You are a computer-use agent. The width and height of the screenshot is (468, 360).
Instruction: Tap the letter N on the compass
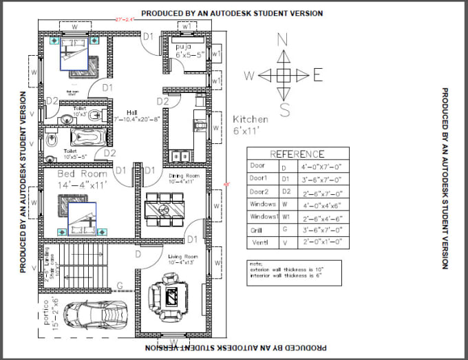[x=282, y=40]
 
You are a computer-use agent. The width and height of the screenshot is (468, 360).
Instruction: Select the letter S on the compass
[x=284, y=110]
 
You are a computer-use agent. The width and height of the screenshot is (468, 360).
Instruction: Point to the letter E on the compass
[x=318, y=74]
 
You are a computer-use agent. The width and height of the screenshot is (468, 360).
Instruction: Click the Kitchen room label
[x=250, y=124]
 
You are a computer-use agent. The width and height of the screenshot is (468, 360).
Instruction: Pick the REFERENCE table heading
[x=297, y=154]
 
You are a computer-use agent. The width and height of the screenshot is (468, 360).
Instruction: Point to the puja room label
[x=187, y=50]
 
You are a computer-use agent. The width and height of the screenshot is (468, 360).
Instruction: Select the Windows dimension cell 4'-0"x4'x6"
[x=323, y=204]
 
